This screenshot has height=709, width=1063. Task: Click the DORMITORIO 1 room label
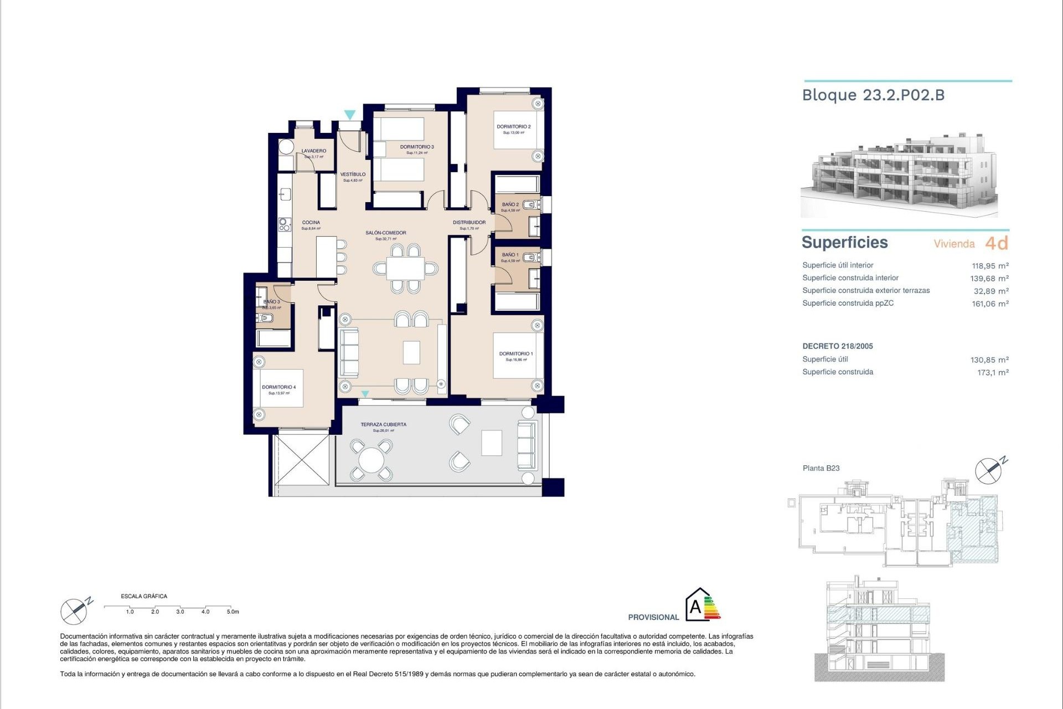515,353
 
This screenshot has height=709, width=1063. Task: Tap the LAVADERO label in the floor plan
314,151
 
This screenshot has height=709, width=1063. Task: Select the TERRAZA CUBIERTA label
383,424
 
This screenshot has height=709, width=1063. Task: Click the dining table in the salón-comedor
405,269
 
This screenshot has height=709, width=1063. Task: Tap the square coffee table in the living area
411,352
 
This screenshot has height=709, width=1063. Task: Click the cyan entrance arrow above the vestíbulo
349,115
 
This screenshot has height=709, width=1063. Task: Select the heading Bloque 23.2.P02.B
873,95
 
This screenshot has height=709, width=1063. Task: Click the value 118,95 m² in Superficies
990,265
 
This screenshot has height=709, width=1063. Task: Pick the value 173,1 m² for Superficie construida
993,372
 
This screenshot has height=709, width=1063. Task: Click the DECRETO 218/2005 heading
837,346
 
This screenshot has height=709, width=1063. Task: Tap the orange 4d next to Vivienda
997,243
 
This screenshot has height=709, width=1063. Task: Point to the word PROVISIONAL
653,617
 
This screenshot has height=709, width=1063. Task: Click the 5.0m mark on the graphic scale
233,612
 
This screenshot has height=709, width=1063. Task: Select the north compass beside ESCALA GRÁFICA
74,611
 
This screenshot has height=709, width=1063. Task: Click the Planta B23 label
821,468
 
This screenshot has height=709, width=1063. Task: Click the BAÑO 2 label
510,204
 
